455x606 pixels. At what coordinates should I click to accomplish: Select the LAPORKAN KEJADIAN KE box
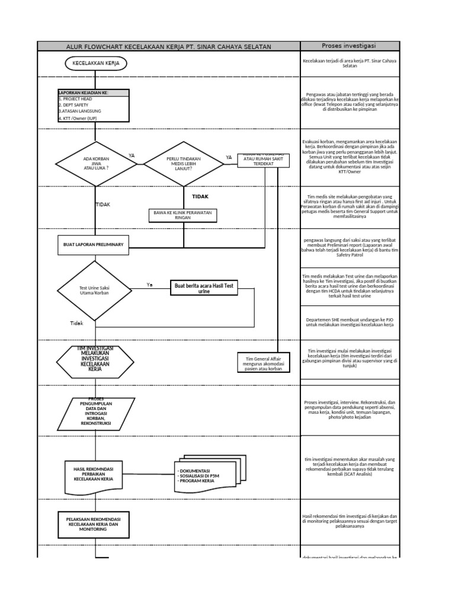tap(92, 105)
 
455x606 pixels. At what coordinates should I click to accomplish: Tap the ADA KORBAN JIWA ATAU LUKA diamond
tap(96, 163)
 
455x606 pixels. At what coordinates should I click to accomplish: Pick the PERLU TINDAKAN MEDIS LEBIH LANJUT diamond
tap(183, 163)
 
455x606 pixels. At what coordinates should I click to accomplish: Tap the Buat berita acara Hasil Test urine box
tap(204, 288)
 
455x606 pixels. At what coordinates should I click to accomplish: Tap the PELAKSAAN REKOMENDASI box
tap(93, 522)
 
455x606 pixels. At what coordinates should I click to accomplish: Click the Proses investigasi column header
tap(350, 46)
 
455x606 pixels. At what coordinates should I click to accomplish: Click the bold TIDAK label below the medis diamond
tap(200, 196)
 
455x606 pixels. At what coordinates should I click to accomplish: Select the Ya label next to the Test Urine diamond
tap(149, 285)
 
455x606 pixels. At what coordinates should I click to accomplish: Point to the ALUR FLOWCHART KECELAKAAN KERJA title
tap(169, 46)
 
